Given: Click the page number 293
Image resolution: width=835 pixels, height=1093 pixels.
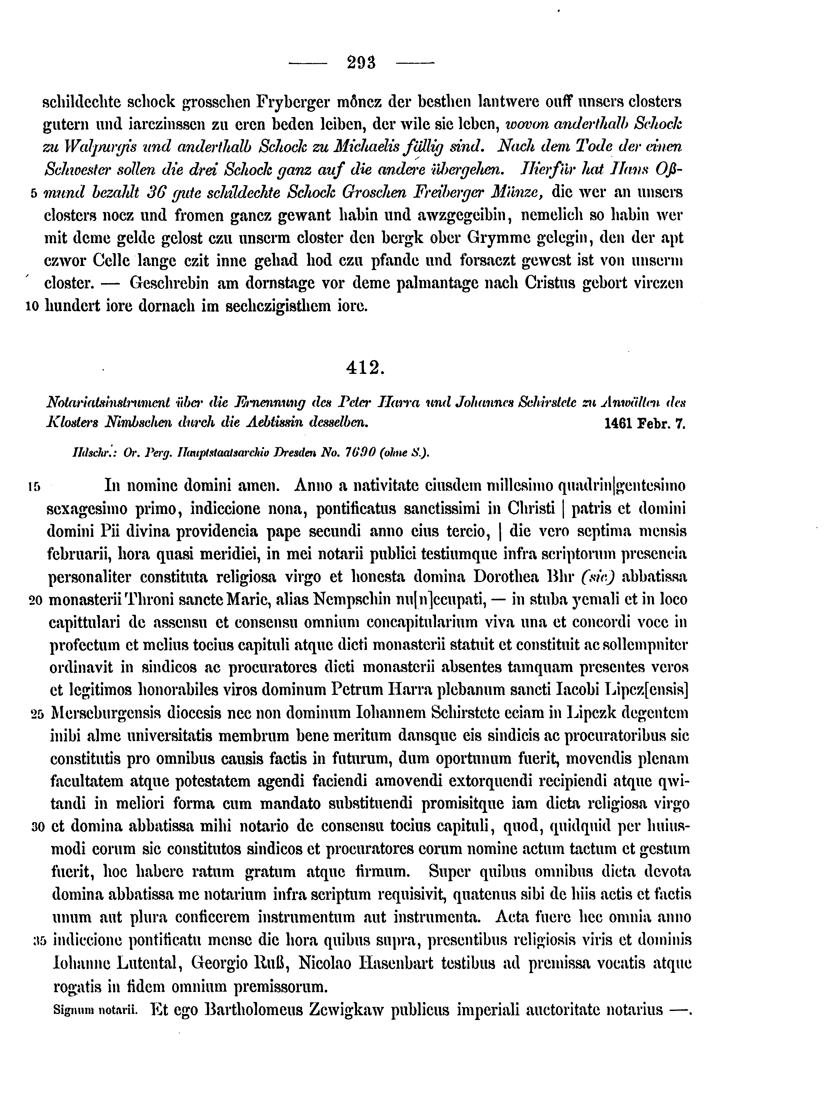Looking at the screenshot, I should click(x=361, y=63).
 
